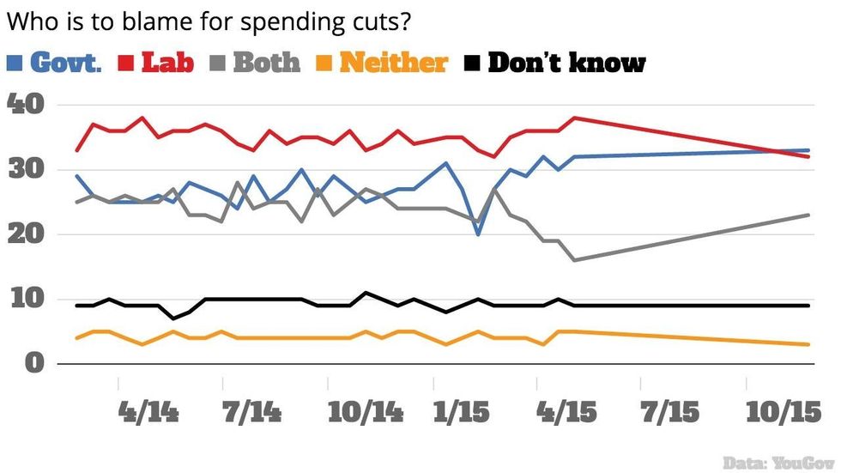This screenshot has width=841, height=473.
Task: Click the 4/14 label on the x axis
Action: (148, 413)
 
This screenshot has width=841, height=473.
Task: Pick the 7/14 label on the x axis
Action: (252, 413)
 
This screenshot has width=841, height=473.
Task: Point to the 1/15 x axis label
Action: (463, 413)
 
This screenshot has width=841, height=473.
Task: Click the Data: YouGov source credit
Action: (777, 462)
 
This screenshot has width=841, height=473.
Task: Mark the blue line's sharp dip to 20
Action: (479, 234)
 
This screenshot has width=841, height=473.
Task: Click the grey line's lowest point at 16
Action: (573, 260)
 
